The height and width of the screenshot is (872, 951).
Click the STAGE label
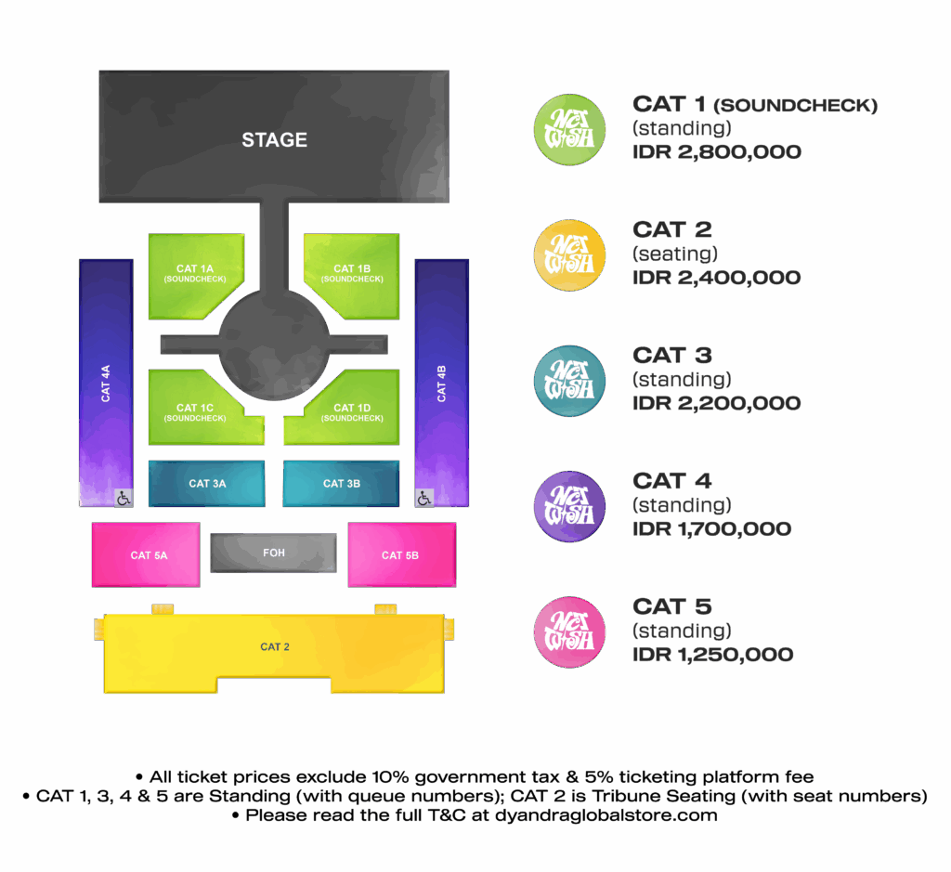point(274,140)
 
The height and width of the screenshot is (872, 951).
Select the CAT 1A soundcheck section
point(195,273)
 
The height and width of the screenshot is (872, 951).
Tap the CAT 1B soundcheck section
point(352,273)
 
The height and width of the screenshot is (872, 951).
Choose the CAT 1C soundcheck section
point(195,411)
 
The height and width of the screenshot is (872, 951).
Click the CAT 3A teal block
point(206,484)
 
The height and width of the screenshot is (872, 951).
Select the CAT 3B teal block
point(341,484)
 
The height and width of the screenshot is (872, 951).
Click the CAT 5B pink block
point(400,555)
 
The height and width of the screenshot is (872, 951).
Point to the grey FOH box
point(274,553)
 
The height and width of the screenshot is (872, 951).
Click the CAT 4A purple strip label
point(106,383)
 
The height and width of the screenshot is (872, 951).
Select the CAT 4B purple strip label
point(442,383)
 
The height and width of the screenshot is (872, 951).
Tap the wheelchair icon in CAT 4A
point(124,499)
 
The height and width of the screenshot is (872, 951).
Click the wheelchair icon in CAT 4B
point(424,499)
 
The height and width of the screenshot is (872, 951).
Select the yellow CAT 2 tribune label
point(274,647)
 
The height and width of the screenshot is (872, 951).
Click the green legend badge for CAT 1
point(569,131)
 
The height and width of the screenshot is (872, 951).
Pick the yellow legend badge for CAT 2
point(569,256)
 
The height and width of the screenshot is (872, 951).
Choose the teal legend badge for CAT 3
point(569,382)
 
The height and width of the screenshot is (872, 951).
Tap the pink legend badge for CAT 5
point(569,632)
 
